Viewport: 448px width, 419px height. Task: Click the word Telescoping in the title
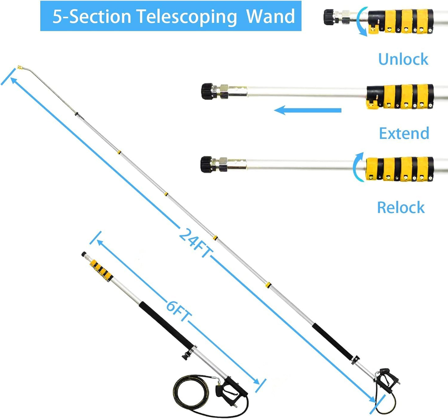click(187, 16)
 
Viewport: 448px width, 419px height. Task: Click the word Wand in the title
click(270, 16)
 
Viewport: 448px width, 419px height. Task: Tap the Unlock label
click(403, 59)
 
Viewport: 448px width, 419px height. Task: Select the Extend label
click(404, 133)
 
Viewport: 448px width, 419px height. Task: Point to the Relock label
click(401, 207)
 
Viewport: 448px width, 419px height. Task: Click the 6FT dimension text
click(178, 311)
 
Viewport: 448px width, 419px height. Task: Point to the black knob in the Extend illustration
click(207, 91)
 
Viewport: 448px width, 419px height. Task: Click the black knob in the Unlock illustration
click(329, 17)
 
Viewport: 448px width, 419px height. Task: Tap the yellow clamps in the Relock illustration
click(400, 169)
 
